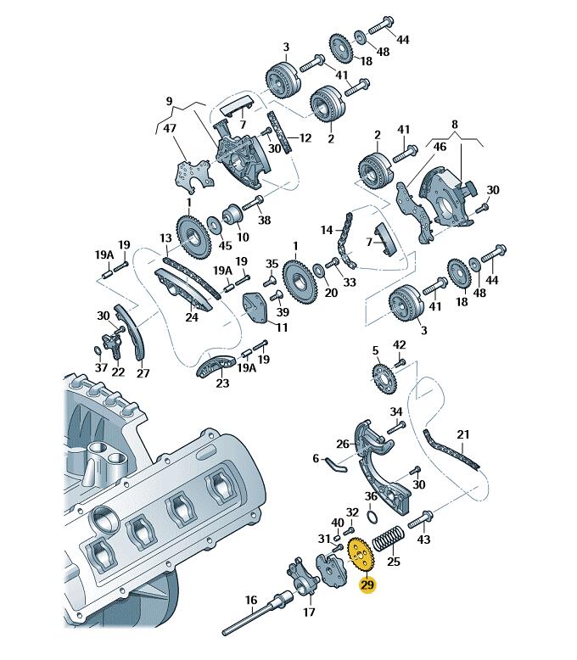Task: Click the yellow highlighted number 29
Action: click(367, 584)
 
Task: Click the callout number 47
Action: click(170, 128)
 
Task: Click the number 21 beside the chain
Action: click(462, 435)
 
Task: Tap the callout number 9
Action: click(169, 102)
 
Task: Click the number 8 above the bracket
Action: click(455, 124)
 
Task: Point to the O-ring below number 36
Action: click(372, 515)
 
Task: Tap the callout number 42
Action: click(400, 344)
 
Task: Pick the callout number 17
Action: click(309, 611)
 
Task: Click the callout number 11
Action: click(282, 327)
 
